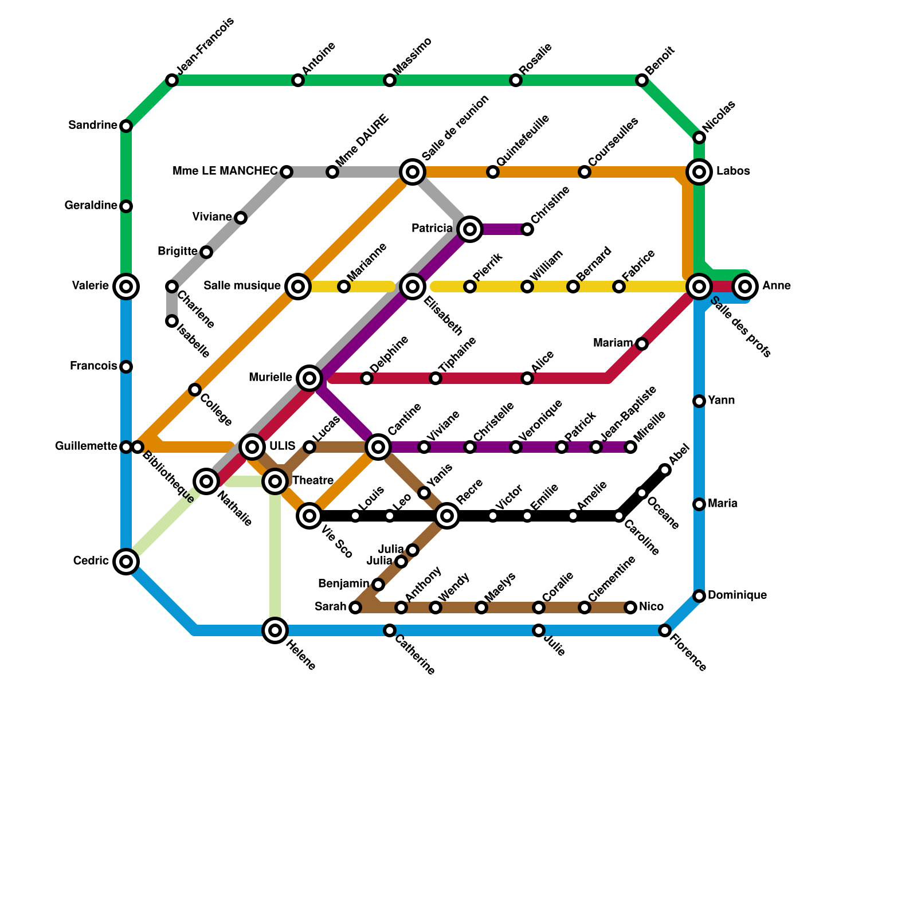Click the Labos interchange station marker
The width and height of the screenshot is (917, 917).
tap(699, 171)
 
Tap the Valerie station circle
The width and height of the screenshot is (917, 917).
tap(126, 286)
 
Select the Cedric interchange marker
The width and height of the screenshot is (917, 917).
tap(126, 561)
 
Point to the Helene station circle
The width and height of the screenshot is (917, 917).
tap(275, 630)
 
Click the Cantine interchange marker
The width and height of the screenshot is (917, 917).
tap(378, 446)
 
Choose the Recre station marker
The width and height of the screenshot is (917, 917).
tap(447, 516)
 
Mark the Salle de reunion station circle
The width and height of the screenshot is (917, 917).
tap(413, 171)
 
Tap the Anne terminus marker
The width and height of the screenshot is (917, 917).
tap(744, 286)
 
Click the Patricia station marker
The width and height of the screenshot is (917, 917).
tap(470, 229)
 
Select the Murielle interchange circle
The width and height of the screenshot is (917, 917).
tap(309, 378)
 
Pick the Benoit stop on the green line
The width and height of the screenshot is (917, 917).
tap(642, 80)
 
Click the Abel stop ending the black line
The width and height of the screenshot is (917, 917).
tap(665, 470)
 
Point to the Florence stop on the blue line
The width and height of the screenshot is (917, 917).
tap(665, 630)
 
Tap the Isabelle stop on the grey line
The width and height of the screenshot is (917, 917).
tap(171, 321)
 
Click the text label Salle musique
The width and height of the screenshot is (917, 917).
tap(242, 286)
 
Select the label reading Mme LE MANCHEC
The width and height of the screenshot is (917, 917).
tap(225, 171)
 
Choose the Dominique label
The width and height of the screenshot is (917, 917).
tap(737, 595)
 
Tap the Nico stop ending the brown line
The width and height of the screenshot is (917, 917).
tap(630, 607)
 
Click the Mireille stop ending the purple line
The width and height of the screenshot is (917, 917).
tap(630, 447)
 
